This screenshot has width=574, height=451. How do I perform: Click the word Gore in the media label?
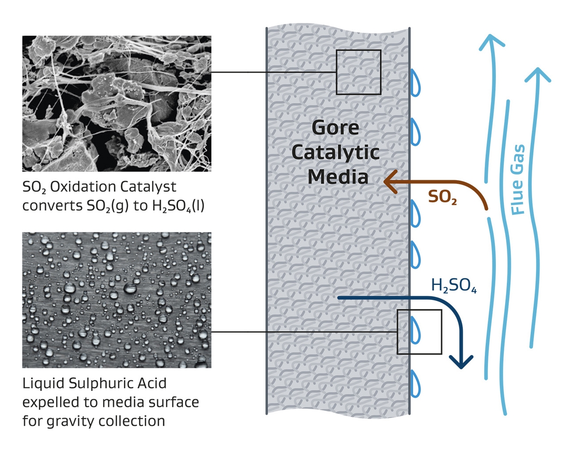tap(336, 128)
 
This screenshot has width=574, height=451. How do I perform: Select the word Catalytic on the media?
tap(336, 152)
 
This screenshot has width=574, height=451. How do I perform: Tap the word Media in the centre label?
tap(338, 177)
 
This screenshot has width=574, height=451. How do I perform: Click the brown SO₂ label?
tap(442, 197)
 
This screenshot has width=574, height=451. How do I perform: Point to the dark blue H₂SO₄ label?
tap(453, 286)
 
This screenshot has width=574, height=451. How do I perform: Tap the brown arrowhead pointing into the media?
tap(390, 181)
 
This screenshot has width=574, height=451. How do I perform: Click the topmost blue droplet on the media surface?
tap(415, 83)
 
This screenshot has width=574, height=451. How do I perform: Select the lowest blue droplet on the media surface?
tap(415, 383)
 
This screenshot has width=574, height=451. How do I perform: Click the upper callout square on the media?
tap(359, 72)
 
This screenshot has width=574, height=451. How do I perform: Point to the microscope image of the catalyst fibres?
tap(117, 103)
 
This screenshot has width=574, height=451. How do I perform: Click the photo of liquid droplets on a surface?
tap(117, 300)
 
